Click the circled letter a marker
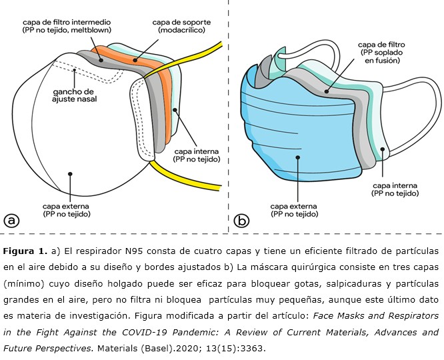pos(11,220)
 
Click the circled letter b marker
pos(243,220)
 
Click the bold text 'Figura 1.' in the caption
pos(24,251)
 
